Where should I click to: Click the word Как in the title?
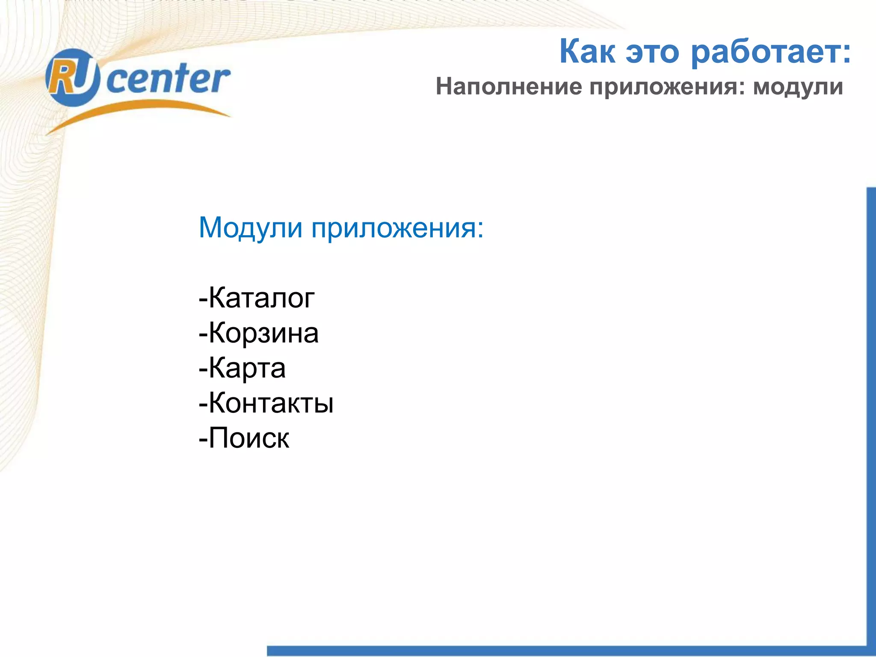[587, 52]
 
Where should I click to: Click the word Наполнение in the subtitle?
[509, 87]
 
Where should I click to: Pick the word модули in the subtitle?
[798, 88]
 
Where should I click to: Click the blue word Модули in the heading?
[251, 228]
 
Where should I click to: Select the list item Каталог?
[261, 298]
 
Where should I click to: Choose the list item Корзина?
[263, 333]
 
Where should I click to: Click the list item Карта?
[247, 368]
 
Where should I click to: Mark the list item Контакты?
[270, 403]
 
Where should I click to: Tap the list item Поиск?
[249, 438]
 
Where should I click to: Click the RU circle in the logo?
[72, 77]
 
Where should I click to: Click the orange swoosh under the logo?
[137, 112]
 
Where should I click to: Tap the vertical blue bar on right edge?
[871, 406]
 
